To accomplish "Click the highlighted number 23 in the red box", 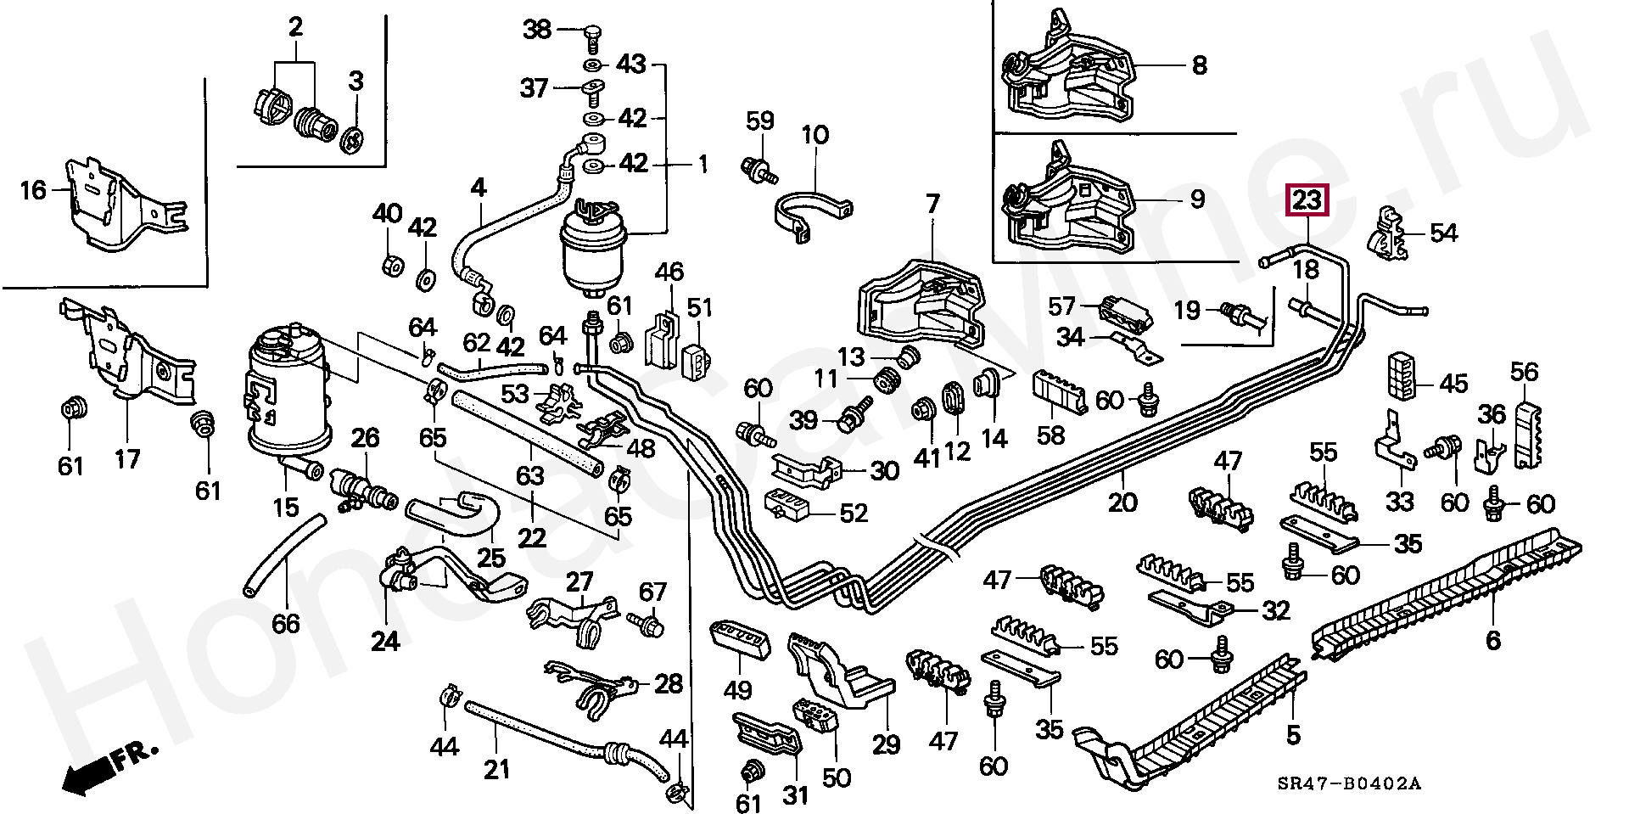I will coord(1307,200).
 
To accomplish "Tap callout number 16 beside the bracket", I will coord(33,190).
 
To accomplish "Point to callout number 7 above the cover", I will coord(932,205).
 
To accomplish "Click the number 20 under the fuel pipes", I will coord(1122,502).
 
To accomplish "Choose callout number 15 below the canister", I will coord(286,508).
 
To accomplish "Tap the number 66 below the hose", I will coord(286,624).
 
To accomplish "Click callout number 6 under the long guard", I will coord(1492,640).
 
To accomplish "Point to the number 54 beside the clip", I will coord(1443,233).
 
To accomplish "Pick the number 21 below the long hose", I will coord(496,769).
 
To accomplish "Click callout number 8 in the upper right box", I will coord(1199,65).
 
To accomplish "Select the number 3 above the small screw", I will coord(355,81).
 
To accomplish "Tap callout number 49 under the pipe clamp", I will coord(737,690).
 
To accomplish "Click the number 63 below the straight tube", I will coord(530,474).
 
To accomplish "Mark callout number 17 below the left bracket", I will coord(127,460).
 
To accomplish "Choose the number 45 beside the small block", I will coord(1453,384).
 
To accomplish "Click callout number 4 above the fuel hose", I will coord(479,188).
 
